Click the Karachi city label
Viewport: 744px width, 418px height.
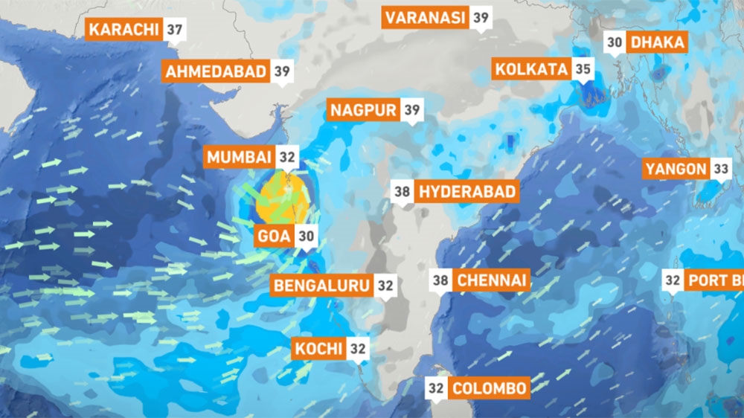124,30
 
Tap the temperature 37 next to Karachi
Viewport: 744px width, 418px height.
176,30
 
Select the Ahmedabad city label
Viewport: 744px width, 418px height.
216,71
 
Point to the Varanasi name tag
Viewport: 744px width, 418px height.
426,17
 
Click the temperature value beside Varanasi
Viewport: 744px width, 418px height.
481,17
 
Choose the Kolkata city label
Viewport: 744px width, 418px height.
531,70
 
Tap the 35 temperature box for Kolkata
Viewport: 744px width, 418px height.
583,70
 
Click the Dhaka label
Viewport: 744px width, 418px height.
657,42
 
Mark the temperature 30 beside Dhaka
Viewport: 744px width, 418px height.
615,42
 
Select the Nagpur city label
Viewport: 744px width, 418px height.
364,111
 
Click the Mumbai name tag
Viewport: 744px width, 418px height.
239,157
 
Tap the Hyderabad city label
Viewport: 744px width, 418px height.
467,191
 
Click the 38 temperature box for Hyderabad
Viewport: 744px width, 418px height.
403,191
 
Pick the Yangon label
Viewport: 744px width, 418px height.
676,169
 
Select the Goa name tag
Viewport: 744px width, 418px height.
273,237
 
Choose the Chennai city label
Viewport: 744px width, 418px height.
492,280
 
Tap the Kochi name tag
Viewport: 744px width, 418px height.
318,348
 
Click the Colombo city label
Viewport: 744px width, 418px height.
490,388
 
